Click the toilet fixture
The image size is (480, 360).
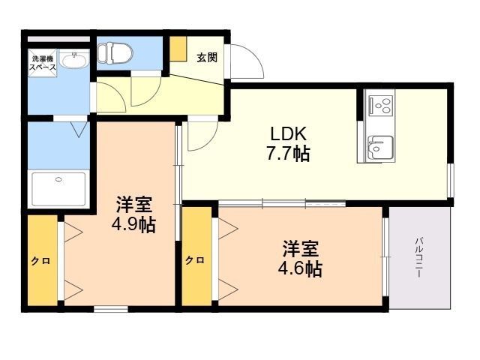(115, 53)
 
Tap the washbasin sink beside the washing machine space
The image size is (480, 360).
(74, 60)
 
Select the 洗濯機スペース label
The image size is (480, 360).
(43, 63)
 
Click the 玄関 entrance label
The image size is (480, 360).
(207, 57)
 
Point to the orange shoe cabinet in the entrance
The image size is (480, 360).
(178, 49)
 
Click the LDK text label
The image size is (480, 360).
(288, 133)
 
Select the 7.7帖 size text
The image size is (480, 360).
(288, 153)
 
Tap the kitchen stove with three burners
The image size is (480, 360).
(380, 106)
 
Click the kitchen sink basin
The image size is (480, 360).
(380, 147)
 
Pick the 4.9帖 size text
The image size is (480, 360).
(133, 225)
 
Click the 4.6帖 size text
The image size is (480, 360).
(300, 269)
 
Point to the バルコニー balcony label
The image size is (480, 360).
(418, 257)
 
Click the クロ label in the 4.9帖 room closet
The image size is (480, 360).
(41, 261)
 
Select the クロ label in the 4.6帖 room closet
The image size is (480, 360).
(195, 260)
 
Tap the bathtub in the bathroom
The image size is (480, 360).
(58, 189)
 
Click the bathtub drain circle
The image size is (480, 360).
(58, 179)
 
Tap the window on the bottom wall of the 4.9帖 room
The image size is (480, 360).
(111, 309)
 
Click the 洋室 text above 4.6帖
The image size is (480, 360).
(301, 248)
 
